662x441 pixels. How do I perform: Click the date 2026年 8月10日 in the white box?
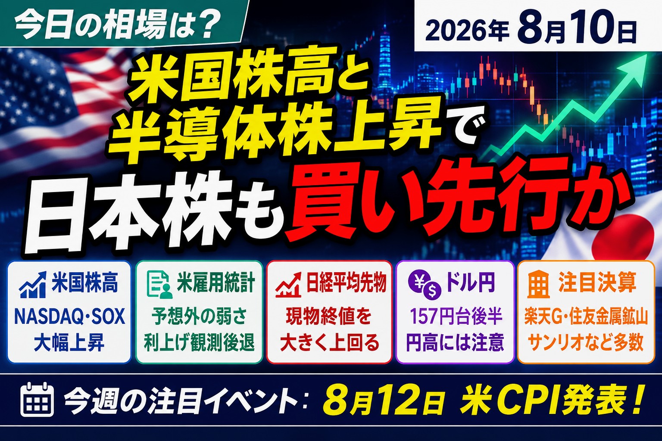531,29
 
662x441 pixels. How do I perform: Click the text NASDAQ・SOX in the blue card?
70,317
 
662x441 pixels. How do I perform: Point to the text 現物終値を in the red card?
329,316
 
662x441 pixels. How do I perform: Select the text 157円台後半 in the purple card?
456,316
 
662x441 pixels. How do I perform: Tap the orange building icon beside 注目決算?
539,284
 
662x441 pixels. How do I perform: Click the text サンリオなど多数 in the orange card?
585,342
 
